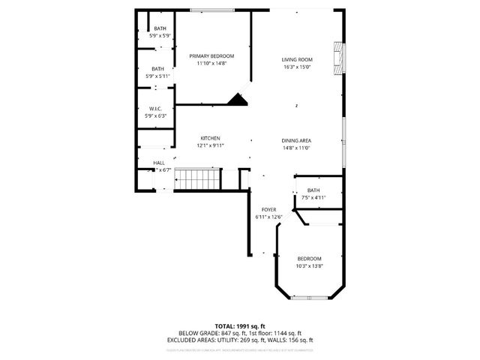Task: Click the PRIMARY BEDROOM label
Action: pos(211,56)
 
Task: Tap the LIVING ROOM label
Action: pos(297,60)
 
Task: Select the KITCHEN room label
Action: pos(210,138)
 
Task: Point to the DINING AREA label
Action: pos(296,141)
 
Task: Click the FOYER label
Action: pos(268,209)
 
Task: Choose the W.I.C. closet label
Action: pos(156,108)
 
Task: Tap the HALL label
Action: pos(159,163)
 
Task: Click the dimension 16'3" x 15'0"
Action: pos(297,67)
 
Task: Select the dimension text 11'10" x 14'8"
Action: pos(211,64)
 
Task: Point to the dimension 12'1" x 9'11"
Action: pos(210,145)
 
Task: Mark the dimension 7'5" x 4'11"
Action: pos(313,198)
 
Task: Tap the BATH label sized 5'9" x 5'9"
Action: pos(160,28)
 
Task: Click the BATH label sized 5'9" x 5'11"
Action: pos(158,69)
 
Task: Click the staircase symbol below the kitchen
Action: pos(201,180)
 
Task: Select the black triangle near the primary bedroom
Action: pos(239,100)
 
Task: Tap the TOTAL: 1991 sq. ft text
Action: pos(240,325)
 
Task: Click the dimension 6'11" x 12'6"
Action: pos(268,217)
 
